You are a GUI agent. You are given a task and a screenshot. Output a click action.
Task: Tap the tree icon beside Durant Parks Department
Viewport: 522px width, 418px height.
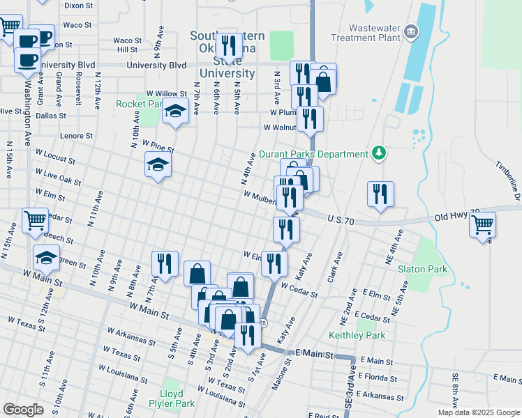click(378, 153)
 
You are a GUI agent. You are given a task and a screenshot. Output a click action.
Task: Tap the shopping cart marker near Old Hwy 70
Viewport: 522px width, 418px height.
click(483, 225)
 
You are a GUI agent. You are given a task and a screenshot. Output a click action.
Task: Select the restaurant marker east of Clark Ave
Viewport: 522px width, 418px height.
click(380, 194)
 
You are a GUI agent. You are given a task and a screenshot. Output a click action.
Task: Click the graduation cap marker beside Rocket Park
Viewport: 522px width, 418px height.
click(176, 110)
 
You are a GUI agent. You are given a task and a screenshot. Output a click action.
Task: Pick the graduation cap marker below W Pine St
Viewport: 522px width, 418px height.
click(158, 165)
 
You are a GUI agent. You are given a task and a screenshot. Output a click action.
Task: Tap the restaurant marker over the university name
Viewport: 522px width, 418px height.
click(229, 46)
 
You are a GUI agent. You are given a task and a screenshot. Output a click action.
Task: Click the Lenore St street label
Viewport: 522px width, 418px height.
click(77, 136)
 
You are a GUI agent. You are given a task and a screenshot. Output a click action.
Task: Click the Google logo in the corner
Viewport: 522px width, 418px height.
click(23, 410)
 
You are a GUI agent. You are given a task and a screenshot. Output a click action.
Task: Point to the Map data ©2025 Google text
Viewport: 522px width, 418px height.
click(479, 412)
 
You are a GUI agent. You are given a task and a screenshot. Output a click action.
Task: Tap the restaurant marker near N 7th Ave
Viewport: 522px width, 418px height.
click(165, 264)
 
